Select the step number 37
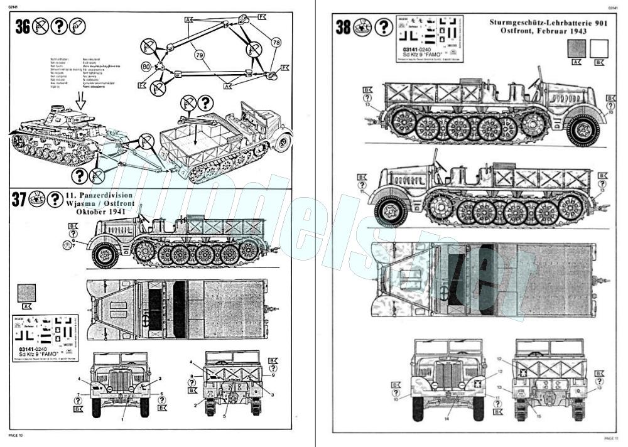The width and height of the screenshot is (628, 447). pyautogui.click(x=19, y=200)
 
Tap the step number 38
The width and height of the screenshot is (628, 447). pyautogui.click(x=344, y=28)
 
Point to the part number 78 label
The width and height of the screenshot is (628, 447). pyautogui.click(x=276, y=42)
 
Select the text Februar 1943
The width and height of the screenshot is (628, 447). pyautogui.click(x=568, y=31)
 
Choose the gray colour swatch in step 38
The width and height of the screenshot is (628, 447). pyautogui.click(x=576, y=48)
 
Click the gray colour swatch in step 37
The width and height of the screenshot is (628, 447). pyautogui.click(x=27, y=293)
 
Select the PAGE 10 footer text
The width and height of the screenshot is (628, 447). pyautogui.click(x=16, y=434)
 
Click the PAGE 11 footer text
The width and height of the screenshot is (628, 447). pyautogui.click(x=611, y=438)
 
